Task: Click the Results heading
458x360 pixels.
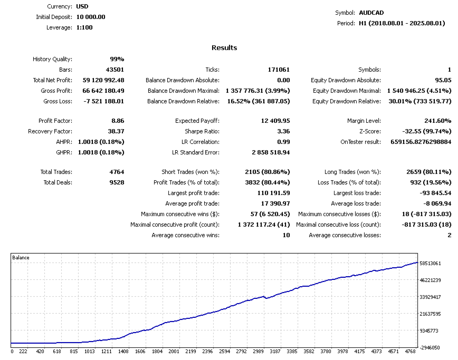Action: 224,48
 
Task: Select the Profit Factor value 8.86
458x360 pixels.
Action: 116,121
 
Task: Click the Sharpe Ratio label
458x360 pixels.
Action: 202,131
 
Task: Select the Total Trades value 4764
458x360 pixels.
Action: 116,172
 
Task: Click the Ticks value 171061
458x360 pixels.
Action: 278,70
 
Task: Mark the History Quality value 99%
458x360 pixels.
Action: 117,59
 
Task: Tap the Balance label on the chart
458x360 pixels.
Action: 21,258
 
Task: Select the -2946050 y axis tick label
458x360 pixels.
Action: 430,348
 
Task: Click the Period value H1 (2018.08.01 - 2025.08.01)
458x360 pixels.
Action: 402,23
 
